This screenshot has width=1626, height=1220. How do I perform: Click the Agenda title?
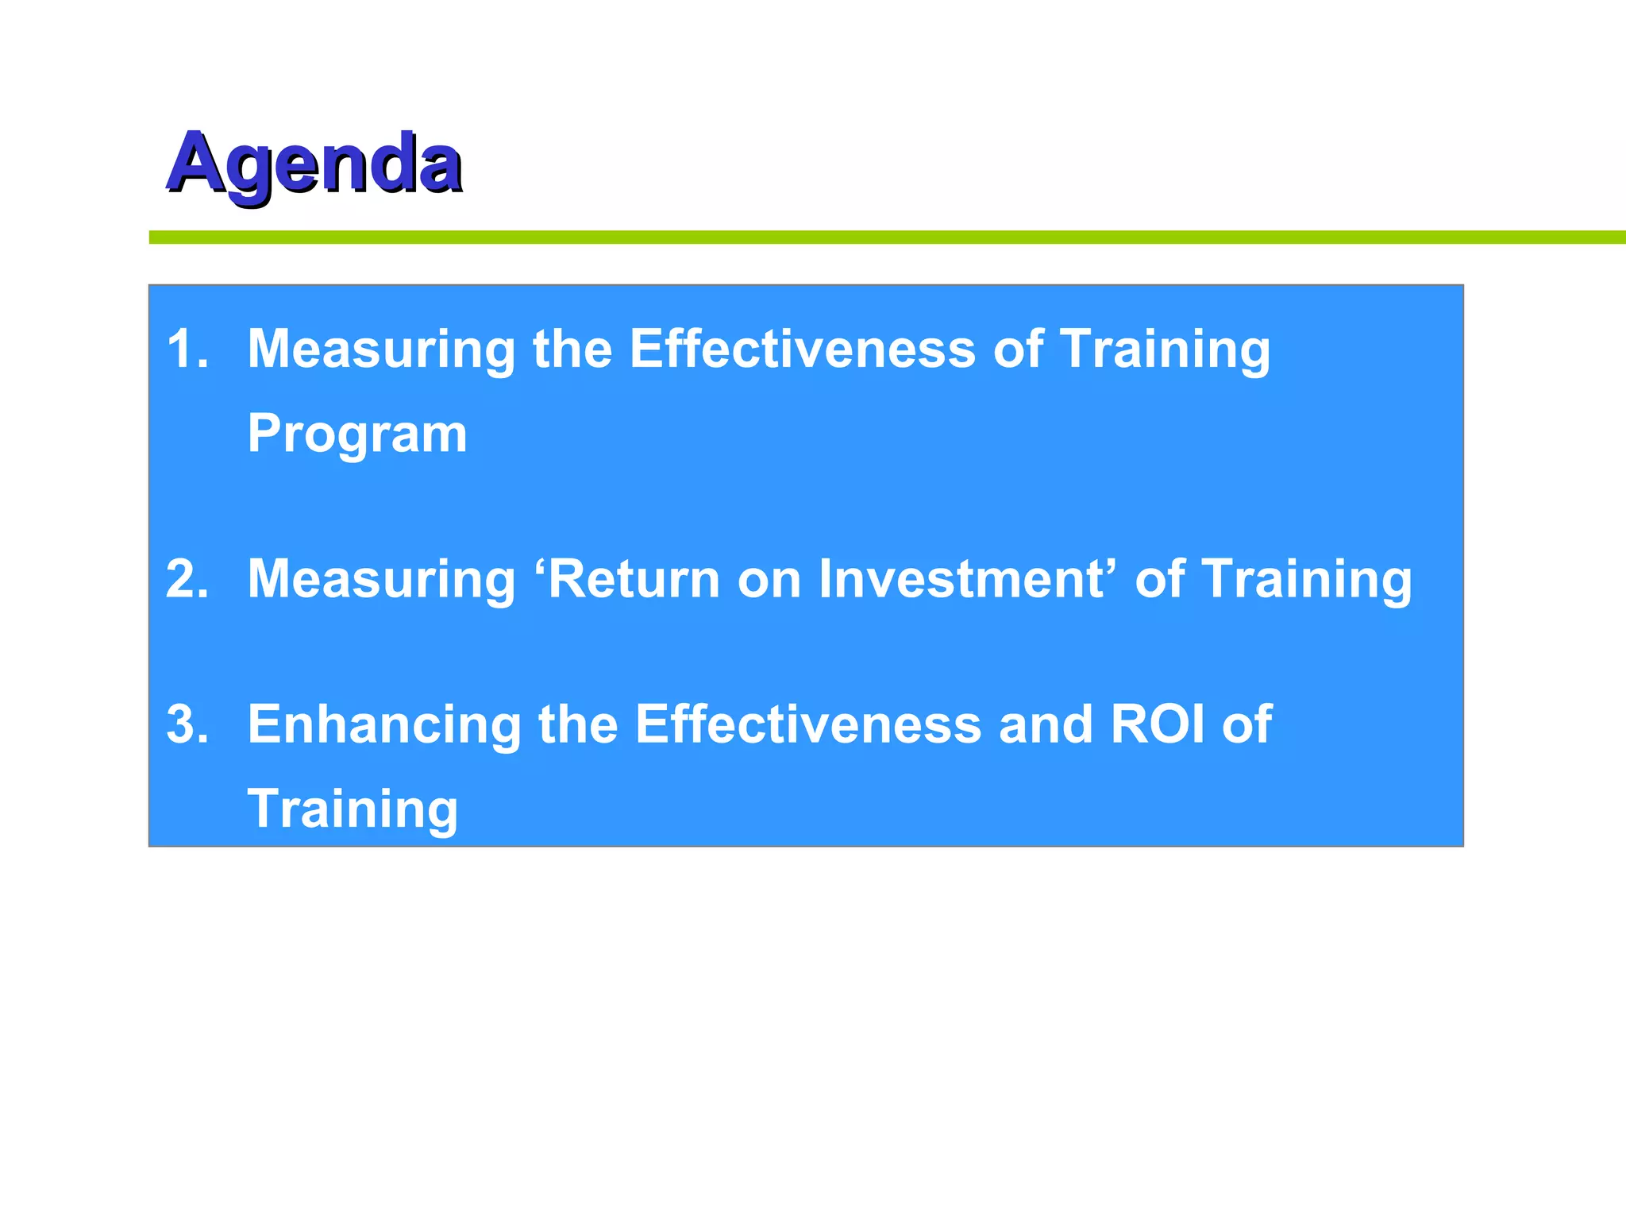pyautogui.click(x=314, y=164)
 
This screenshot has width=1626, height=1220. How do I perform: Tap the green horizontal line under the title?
pyautogui.click(x=873, y=237)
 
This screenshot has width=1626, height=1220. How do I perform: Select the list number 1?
pyautogui.click(x=188, y=349)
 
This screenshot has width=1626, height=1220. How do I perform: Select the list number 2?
pyautogui.click(x=188, y=578)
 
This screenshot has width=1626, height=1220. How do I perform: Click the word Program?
pyautogui.click(x=357, y=435)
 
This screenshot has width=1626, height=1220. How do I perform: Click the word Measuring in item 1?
pyautogui.click(x=381, y=350)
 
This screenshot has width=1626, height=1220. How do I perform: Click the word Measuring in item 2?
pyautogui.click(x=381, y=580)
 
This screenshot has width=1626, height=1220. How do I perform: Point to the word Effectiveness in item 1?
pyautogui.click(x=802, y=349)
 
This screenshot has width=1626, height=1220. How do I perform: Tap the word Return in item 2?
pyautogui.click(x=634, y=578)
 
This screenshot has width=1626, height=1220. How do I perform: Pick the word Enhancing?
pyautogui.click(x=383, y=725)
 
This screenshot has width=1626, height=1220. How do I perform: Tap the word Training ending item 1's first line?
pyautogui.click(x=1165, y=350)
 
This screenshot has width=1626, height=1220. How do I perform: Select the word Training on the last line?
pyautogui.click(x=353, y=809)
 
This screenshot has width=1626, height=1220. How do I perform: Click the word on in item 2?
pyautogui.click(x=769, y=580)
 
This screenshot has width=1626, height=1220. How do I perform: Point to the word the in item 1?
pyautogui.click(x=572, y=349)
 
